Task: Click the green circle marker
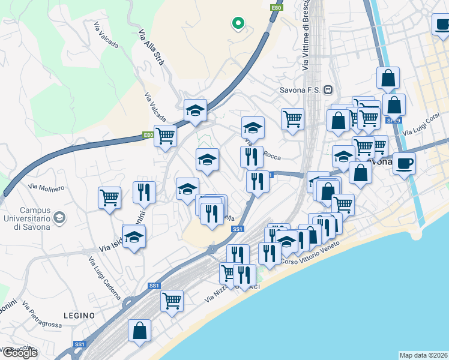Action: click(238, 23)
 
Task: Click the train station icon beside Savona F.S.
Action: click(328, 91)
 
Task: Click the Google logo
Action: click(19, 353)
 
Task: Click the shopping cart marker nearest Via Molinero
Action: click(110, 197)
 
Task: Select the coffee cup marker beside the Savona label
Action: click(405, 163)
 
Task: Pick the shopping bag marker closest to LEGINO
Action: click(139, 330)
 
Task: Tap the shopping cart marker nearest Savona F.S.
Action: click(292, 118)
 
